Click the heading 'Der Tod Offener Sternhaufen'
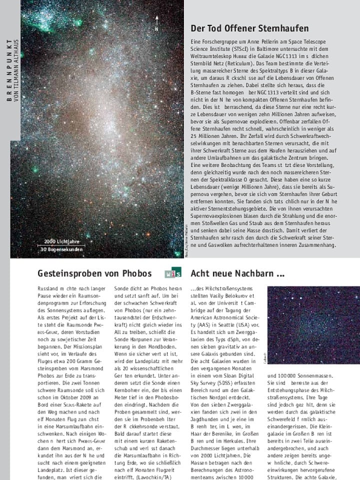tap(249, 28)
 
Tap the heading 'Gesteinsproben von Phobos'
tap(94, 273)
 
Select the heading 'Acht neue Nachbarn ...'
tap(237, 273)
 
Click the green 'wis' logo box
tap(173, 273)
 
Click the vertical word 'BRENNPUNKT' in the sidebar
tap(9, 70)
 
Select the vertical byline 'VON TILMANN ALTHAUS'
tap(16, 70)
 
